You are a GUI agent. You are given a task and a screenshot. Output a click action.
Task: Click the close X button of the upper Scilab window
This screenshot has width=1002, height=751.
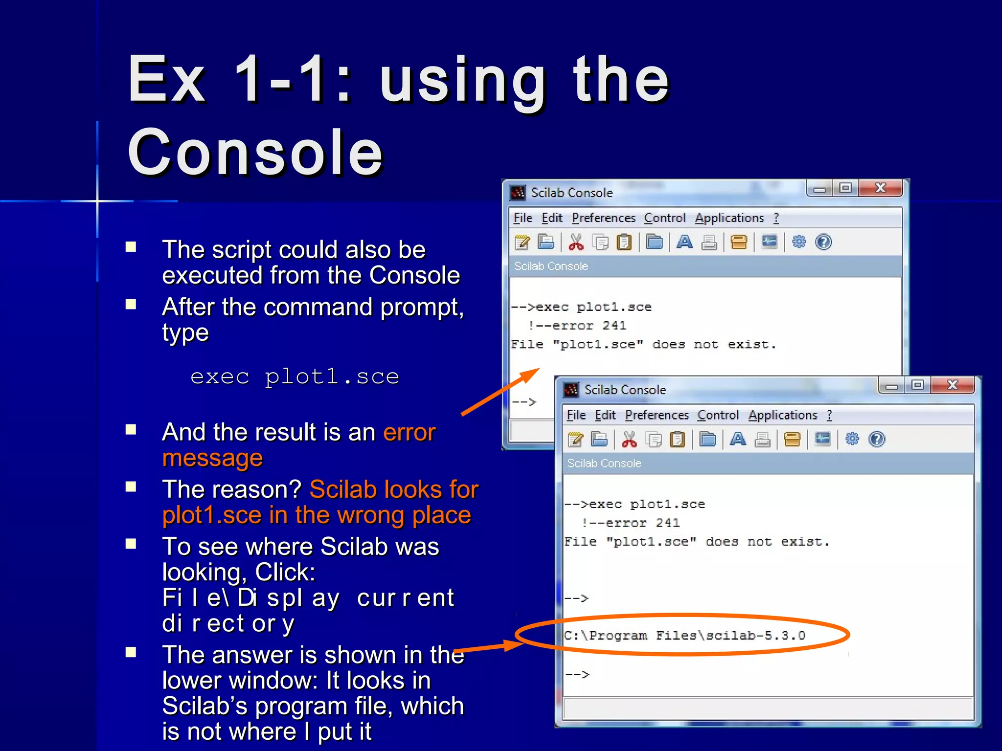pos(880,188)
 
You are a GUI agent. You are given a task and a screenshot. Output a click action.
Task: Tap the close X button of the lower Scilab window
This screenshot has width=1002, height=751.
pos(952,385)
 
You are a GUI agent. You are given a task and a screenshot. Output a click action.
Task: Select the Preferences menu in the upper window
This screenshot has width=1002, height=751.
pos(603,218)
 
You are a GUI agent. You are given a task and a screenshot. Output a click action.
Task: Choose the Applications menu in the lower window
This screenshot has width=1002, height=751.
pos(782,415)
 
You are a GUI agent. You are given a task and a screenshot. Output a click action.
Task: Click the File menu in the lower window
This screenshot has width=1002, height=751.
pos(576,415)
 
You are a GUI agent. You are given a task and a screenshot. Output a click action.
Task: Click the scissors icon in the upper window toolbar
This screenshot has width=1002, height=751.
pos(576,242)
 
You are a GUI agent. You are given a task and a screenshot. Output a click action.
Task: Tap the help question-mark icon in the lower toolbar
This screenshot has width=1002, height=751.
pos(877,439)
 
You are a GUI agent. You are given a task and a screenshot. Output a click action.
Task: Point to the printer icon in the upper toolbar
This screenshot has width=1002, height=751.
pos(709,242)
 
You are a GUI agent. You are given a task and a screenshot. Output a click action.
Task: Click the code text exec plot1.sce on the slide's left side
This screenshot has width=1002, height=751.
pos(295,377)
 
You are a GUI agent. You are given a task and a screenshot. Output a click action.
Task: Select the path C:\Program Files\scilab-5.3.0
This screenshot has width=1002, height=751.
pos(684,636)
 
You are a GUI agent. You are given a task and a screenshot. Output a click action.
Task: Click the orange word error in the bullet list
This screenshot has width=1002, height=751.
pos(409,432)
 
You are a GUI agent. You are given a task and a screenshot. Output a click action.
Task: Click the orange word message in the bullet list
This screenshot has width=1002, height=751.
pos(212,458)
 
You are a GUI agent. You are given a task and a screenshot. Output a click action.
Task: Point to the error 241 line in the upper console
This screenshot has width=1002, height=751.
pos(577,326)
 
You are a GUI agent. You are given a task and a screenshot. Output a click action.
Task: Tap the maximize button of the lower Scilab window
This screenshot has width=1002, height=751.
pos(917,385)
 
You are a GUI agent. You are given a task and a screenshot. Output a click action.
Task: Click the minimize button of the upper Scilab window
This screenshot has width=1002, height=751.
pos(820,189)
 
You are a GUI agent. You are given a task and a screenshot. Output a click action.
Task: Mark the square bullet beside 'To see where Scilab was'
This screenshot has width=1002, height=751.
pos(131,544)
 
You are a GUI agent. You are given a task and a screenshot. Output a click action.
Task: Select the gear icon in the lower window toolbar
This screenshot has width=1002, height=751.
pos(852,439)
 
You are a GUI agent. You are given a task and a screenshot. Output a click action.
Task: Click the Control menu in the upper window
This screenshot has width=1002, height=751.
pos(664,218)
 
